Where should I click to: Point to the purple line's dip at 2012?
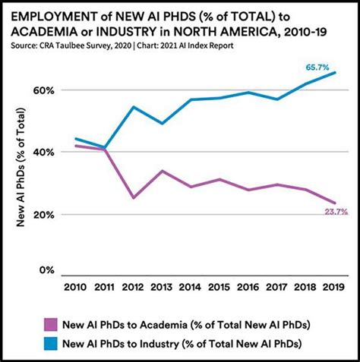tap(134, 198)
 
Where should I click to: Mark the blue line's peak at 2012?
tap(134, 106)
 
